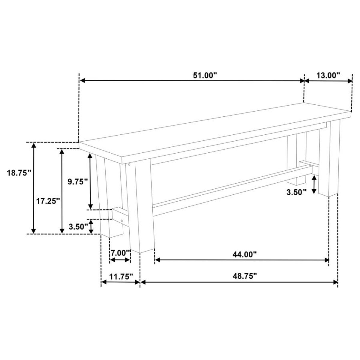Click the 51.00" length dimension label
click(205, 75)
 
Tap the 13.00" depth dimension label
click(328, 75)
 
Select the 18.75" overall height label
click(19, 173)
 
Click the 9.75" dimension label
click(77, 182)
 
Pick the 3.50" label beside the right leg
click(296, 192)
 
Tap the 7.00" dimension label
click(120, 253)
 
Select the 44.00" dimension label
click(245, 254)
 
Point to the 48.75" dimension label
click(245, 276)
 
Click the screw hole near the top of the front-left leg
click(129, 164)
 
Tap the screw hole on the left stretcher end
click(122, 220)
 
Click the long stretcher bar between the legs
click(228, 192)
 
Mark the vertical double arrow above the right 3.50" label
click(314, 184)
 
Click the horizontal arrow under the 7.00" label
click(120, 260)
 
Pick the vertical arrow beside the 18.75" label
click(34, 188)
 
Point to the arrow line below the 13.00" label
click(328, 81)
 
